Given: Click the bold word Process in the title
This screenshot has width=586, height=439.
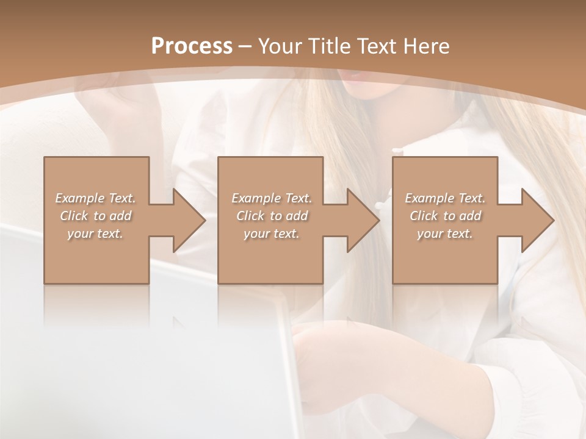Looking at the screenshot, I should pos(192,46).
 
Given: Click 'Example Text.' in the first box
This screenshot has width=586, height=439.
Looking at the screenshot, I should pos(95,198).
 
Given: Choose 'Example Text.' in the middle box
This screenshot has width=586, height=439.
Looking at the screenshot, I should pos(272,198).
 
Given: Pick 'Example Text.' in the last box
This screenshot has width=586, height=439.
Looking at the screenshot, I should pos(445,198).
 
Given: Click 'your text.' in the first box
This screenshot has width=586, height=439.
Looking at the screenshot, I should pos(95,234).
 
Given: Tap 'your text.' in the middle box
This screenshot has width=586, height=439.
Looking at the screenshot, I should pos(272,234).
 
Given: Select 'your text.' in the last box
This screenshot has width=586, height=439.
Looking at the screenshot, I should pos(445,234).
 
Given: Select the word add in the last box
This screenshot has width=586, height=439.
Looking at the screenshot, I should pos(469,216).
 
